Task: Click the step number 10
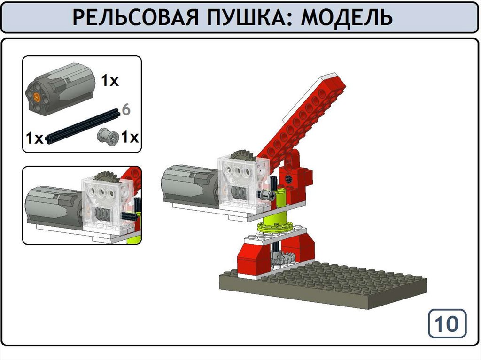[447, 324]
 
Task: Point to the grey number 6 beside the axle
[126, 109]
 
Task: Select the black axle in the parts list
[83, 126]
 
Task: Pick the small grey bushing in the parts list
[108, 137]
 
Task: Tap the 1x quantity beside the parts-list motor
[110, 81]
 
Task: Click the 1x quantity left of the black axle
[34, 138]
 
